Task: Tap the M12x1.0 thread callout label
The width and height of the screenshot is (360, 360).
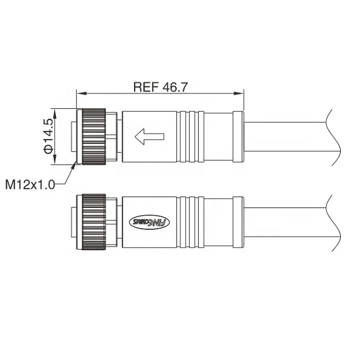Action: coord(31,184)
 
